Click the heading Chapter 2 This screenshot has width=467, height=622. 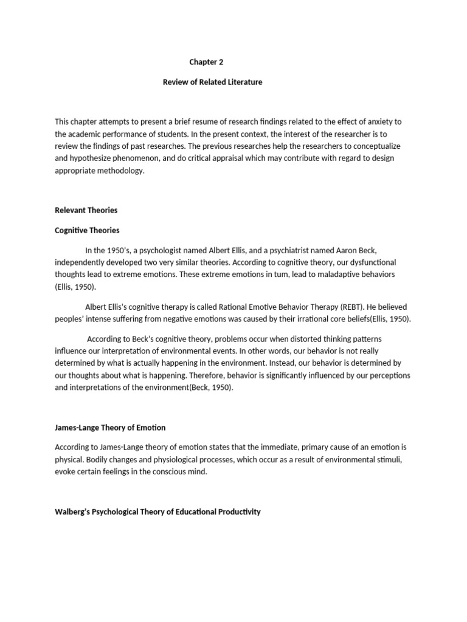(201, 62)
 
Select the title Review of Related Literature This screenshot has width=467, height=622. (212, 82)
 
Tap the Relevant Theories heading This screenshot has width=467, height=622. (86, 210)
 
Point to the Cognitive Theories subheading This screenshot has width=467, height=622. (87, 230)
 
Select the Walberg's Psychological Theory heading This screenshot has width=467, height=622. (157, 511)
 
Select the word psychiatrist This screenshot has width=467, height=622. (300, 250)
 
